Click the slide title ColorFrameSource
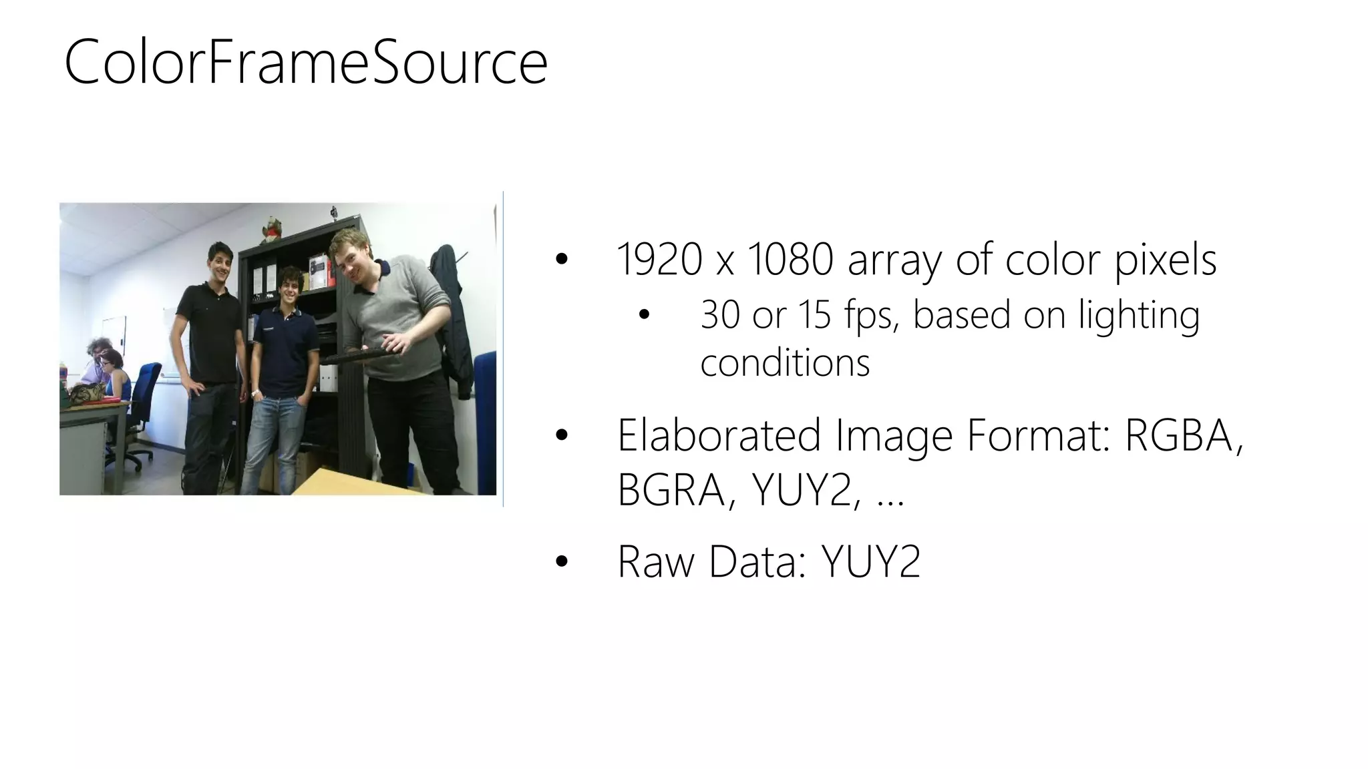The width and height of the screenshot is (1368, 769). pyautogui.click(x=306, y=63)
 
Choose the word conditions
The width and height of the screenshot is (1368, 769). pyautogui.click(x=785, y=363)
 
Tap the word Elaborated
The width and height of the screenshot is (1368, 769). pyautogui.click(x=719, y=435)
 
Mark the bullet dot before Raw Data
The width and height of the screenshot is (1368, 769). pyautogui.click(x=561, y=562)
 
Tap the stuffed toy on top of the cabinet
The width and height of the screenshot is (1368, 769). pyautogui.click(x=271, y=229)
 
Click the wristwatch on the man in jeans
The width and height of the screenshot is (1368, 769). pyautogui.click(x=254, y=393)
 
